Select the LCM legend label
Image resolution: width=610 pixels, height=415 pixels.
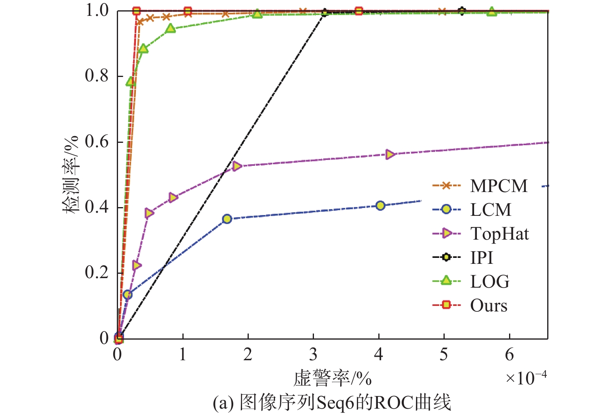490,209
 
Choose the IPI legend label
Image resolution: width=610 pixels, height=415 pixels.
481,257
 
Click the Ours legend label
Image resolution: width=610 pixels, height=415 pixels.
488,305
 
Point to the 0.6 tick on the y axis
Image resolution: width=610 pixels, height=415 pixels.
97,142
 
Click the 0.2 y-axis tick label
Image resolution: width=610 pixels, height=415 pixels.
97,273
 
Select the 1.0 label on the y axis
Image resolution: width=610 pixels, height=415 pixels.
97,10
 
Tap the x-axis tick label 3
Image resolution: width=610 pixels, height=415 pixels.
313,354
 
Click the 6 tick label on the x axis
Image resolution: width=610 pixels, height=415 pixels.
509,354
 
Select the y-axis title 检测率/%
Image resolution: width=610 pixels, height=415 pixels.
71,175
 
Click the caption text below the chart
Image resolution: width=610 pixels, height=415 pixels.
332,403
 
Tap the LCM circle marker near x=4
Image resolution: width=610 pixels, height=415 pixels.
380,206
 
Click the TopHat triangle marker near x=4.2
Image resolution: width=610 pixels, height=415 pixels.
390,154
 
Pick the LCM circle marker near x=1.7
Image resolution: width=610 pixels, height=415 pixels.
227,219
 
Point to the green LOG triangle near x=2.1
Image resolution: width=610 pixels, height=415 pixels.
258,14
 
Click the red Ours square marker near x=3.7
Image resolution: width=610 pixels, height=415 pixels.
359,11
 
